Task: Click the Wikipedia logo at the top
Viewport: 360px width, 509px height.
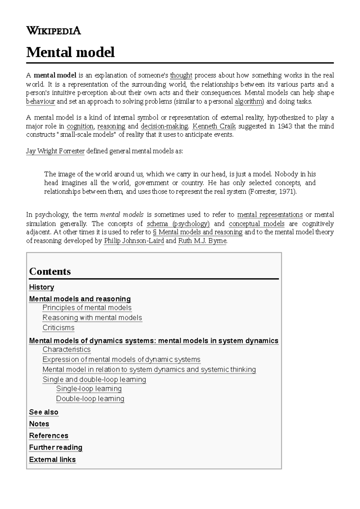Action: [53, 31]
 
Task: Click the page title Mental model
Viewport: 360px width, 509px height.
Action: [70, 52]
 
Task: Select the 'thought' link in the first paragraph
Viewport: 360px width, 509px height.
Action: [181, 75]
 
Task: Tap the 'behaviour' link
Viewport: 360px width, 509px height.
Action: [40, 101]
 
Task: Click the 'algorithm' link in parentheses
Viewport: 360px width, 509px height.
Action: [249, 101]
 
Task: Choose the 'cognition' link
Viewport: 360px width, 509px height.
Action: [80, 126]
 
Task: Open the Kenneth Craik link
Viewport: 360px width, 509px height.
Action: [214, 126]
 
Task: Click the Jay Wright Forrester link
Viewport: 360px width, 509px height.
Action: [55, 151]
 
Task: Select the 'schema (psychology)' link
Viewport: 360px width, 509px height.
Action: [178, 224]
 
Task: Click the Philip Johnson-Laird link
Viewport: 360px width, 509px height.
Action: [134, 241]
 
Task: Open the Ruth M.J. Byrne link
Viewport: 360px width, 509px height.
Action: [202, 241]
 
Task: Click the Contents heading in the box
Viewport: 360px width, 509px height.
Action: [50, 271]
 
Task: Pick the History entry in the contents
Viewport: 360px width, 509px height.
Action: [41, 287]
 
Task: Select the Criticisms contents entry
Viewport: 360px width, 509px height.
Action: [58, 328]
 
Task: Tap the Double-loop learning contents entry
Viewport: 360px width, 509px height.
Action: [90, 399]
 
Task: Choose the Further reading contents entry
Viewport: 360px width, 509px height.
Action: [55, 448]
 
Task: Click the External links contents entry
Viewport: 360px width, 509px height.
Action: [52, 460]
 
